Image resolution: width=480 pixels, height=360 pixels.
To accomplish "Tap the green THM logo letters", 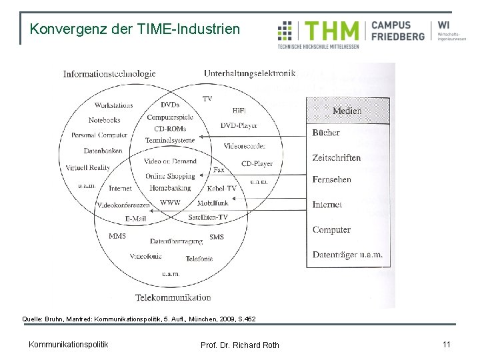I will (x=331, y=31).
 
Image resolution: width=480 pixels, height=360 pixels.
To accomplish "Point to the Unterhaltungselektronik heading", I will (x=249, y=73).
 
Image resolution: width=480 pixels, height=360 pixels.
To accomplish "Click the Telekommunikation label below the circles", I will (x=173, y=297).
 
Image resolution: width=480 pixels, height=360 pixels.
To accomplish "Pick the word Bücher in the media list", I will (x=326, y=133).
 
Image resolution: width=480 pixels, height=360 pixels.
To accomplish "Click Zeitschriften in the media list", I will (x=336, y=158).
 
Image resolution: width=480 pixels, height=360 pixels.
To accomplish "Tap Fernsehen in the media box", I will (x=331, y=180).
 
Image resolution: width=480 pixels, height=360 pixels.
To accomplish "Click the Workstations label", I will (x=113, y=105).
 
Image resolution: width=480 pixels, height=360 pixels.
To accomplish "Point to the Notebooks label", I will (x=104, y=120).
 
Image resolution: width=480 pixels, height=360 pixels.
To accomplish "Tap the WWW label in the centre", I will (x=170, y=202).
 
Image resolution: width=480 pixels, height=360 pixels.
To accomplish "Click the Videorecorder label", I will (x=245, y=145).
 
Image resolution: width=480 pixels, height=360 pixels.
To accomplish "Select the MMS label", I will (x=117, y=236).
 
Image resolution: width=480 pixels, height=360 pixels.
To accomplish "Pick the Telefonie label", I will (x=199, y=258).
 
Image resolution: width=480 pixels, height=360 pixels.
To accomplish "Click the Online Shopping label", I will (x=170, y=177).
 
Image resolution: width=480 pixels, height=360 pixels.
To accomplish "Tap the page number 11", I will (x=447, y=344).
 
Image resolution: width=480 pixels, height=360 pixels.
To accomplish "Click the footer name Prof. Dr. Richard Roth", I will (x=239, y=345).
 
